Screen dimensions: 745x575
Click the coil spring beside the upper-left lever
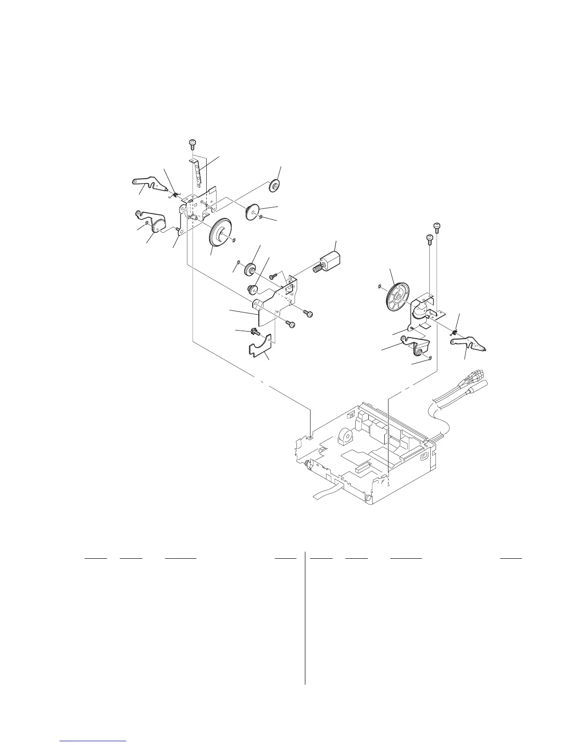175,193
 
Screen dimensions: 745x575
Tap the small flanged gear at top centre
273,186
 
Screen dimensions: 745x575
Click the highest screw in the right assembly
437,227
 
